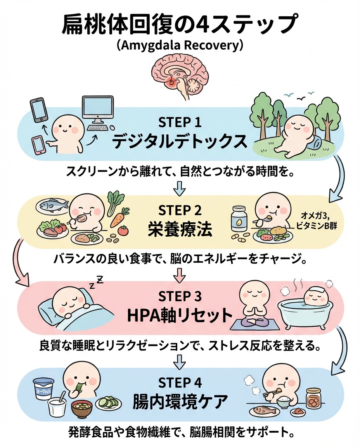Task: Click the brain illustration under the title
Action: (180, 75)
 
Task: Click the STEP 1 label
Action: (180, 123)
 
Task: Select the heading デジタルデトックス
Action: (180, 142)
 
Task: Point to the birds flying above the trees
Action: (300, 94)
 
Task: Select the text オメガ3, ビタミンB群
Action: (317, 220)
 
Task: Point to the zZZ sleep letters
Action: (97, 282)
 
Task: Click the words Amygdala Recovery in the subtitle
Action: (180, 45)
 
